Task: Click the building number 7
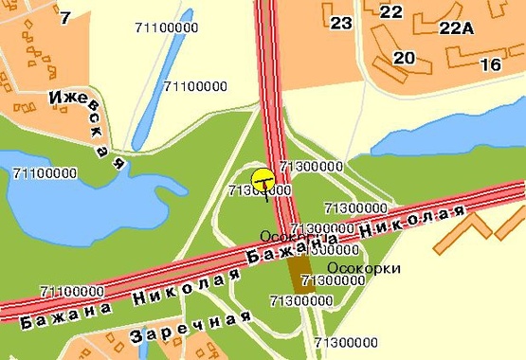tap(64, 17)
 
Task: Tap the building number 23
tap(341, 23)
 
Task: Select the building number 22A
tap(456, 27)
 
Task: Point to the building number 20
tap(404, 57)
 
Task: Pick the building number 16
tap(490, 64)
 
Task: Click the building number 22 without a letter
tap(390, 11)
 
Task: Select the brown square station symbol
tap(301, 273)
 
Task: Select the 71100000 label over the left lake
tap(45, 172)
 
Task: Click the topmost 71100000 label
tap(168, 27)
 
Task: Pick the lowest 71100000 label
tap(72, 290)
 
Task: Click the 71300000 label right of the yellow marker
tap(311, 166)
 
